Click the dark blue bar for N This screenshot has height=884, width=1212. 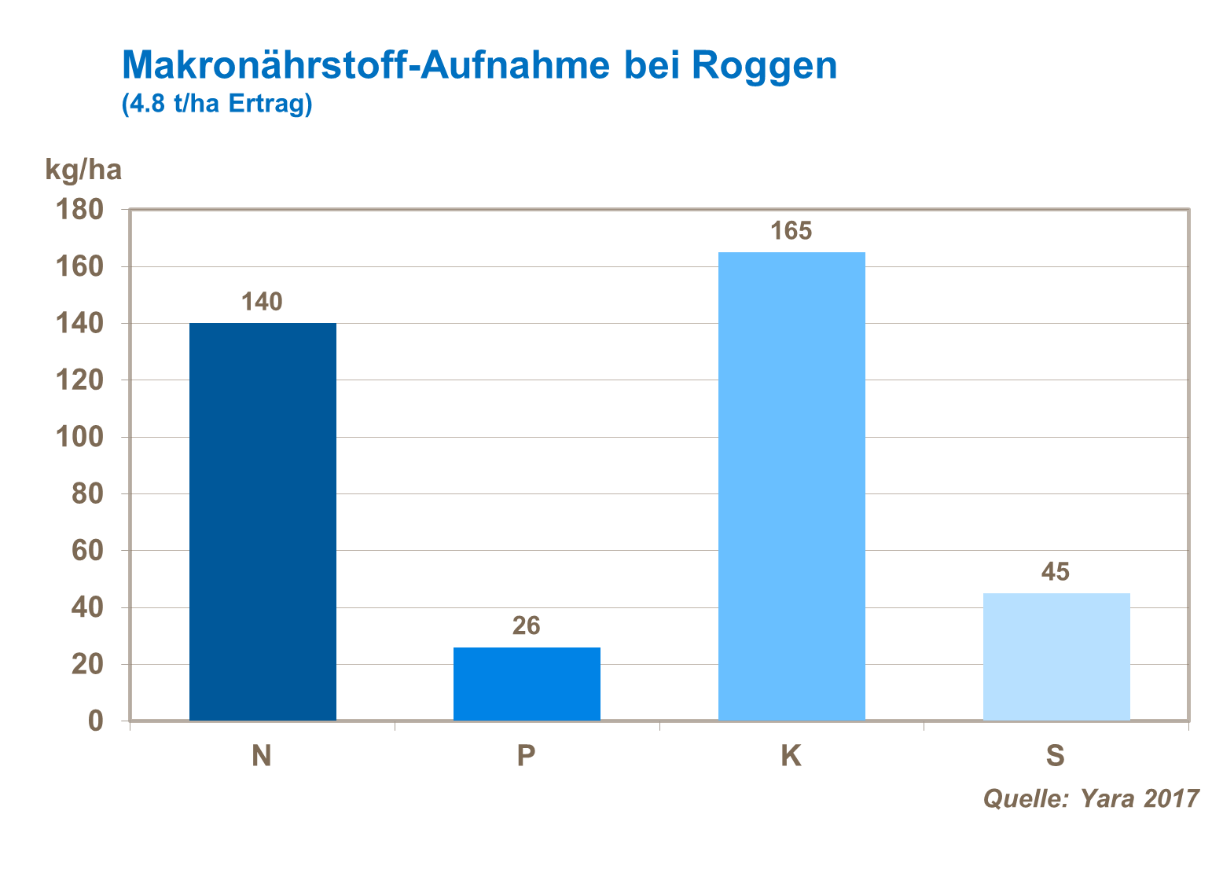coord(263,522)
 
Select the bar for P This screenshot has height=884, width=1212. coord(527,684)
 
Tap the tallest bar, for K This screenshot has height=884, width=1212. coord(791,486)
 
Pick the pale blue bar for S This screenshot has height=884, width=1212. coord(1056,657)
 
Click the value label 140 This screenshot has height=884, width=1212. coord(262,302)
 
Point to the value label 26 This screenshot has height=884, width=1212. coord(527,625)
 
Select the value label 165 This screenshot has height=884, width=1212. coord(791,230)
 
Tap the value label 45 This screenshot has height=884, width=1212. coord(1056,571)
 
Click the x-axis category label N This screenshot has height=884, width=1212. coord(262,755)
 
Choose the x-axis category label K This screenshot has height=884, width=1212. coord(791,755)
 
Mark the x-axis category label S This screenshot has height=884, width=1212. coord(1055,755)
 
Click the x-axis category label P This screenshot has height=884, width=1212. coord(527,755)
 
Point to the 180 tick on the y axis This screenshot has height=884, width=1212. coord(79,210)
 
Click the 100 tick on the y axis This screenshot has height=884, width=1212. coord(79,437)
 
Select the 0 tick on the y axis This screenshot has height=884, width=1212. coord(95,721)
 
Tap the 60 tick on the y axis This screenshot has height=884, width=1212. coord(87,550)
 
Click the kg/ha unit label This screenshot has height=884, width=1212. coord(83,169)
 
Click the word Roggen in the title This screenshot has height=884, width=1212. coord(765,66)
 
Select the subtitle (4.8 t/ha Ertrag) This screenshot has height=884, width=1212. coord(217,104)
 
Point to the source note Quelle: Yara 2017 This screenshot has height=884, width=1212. coord(1091,798)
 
